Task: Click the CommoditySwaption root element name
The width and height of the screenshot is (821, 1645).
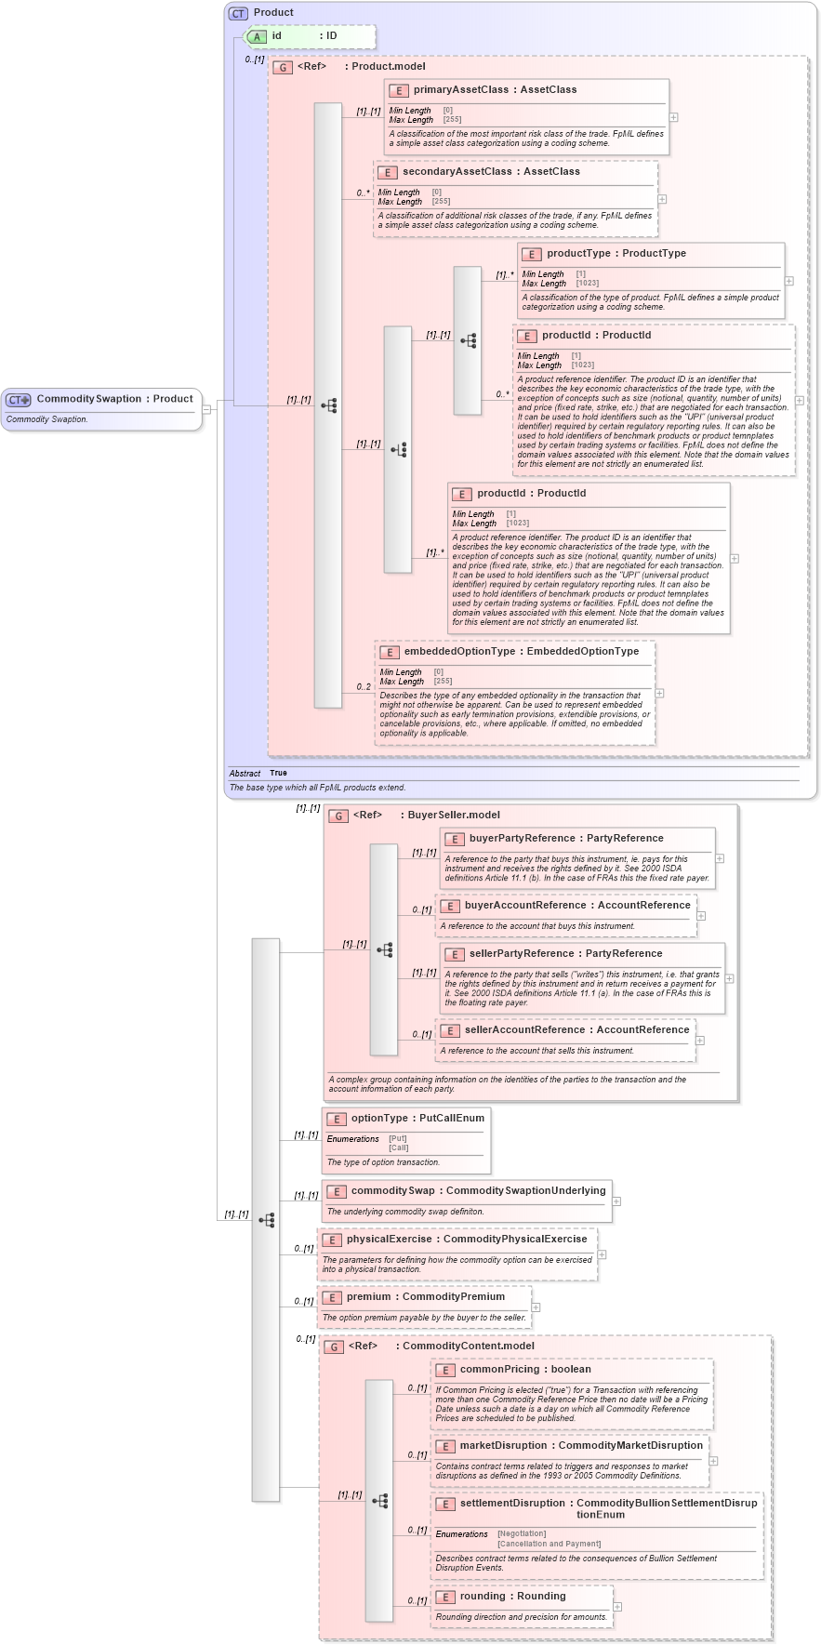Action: tap(88, 399)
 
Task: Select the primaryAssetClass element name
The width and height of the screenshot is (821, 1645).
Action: tap(460, 90)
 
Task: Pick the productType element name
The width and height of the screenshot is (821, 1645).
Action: tap(578, 254)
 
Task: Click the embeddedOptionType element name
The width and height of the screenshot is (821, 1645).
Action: tap(459, 652)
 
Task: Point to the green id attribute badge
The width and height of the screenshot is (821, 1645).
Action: tap(258, 36)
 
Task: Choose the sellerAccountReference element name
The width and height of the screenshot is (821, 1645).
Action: tap(524, 1030)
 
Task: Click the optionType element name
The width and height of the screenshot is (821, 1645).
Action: tap(379, 1119)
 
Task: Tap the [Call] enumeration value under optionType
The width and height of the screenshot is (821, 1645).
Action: tap(399, 1148)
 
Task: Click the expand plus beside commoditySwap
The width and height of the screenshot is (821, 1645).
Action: tap(616, 1201)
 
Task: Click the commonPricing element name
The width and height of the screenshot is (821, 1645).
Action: tap(499, 1370)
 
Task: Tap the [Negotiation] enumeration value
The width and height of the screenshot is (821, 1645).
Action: tap(522, 1534)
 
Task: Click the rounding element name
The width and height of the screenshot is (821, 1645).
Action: tap(483, 1597)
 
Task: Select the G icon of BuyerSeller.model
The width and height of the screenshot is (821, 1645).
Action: tap(338, 816)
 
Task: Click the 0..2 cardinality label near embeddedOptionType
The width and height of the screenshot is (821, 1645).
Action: tap(363, 687)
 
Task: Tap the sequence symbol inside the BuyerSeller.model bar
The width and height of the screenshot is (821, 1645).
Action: tap(384, 950)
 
